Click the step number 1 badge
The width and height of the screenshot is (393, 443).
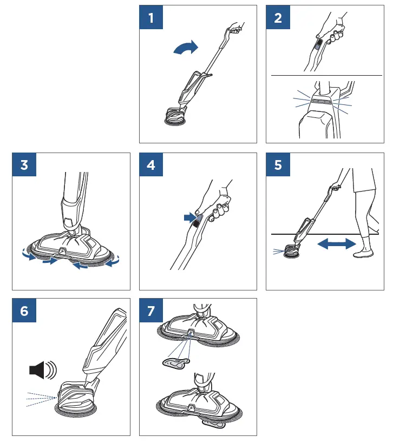[x=151, y=17]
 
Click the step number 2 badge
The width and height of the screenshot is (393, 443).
[x=278, y=17]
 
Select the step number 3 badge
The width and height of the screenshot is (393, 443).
[x=24, y=164]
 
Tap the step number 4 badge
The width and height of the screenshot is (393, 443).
[x=151, y=164]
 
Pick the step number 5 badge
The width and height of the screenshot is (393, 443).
[x=278, y=164]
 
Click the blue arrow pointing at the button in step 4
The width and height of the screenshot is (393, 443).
[x=189, y=217]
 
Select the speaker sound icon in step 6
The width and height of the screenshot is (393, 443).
[x=42, y=371]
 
